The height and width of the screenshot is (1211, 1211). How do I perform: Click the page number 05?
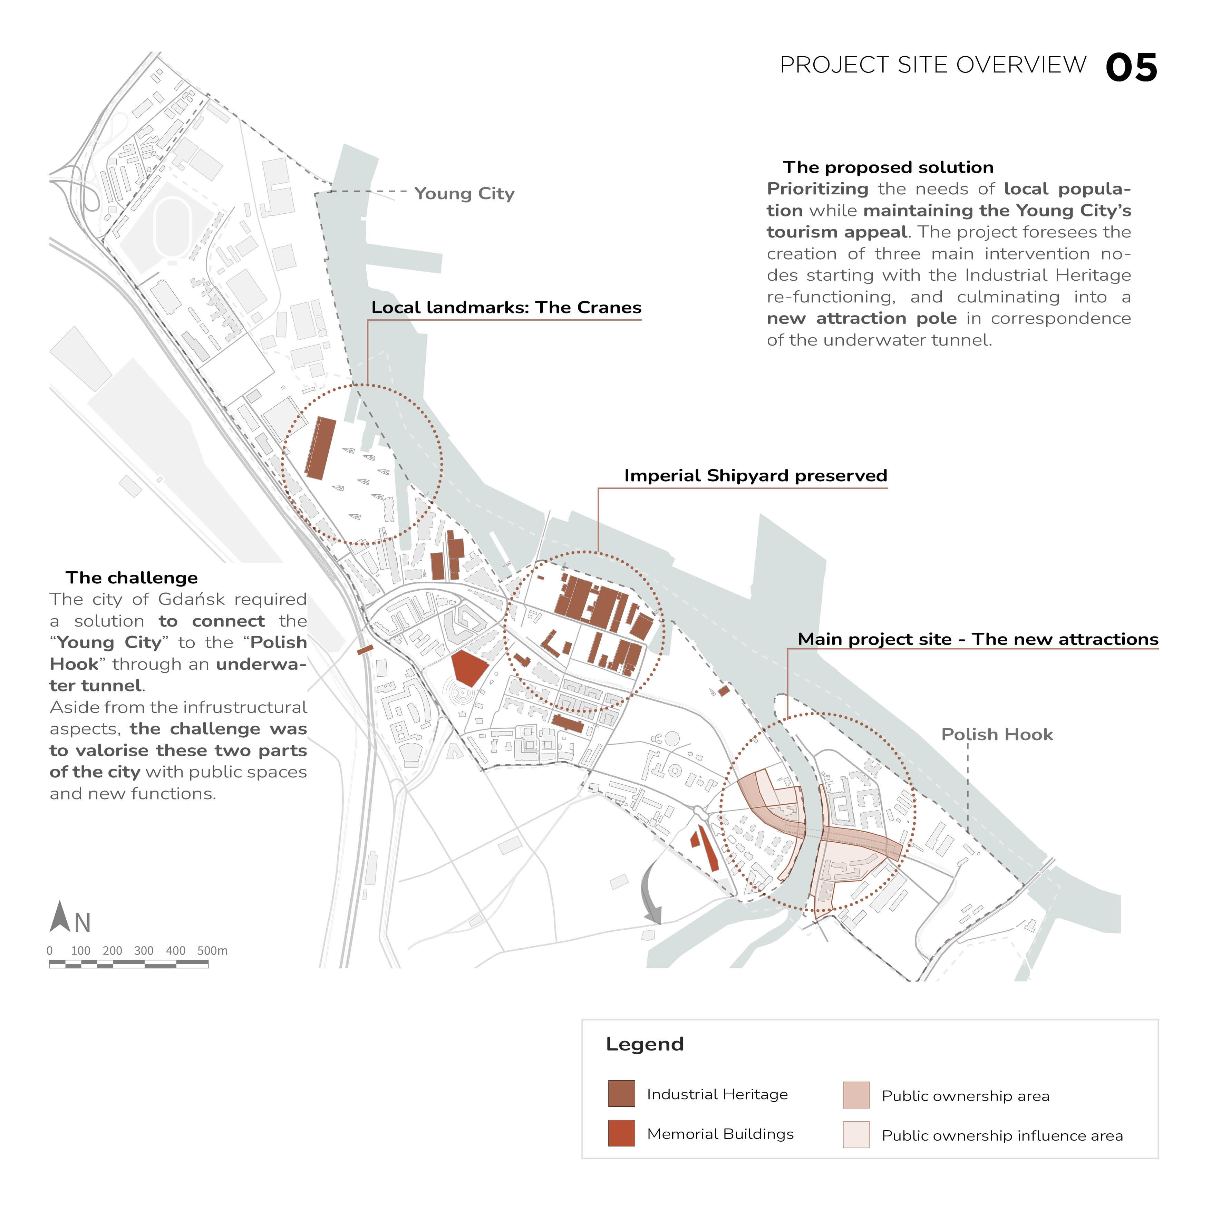click(x=1131, y=68)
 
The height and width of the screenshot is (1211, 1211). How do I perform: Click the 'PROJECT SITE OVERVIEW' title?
click(x=933, y=65)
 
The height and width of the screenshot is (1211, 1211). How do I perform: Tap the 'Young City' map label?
click(x=464, y=194)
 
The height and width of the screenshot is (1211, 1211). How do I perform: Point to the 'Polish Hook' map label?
click(x=997, y=735)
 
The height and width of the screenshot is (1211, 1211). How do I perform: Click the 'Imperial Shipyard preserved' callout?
click(x=755, y=476)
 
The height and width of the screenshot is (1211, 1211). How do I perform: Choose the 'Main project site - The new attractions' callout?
click(x=978, y=639)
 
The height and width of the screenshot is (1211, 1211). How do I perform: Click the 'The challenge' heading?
click(x=132, y=578)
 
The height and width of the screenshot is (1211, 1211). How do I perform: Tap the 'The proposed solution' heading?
click(x=888, y=167)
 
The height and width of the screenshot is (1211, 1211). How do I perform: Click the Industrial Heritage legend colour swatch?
click(x=621, y=1094)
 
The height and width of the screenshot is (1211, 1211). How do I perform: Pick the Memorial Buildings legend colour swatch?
click(x=621, y=1133)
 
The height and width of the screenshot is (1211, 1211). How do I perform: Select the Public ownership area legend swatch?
click(x=856, y=1095)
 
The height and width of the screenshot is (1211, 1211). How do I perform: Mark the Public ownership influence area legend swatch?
click(x=856, y=1134)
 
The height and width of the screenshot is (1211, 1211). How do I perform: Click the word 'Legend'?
click(x=645, y=1044)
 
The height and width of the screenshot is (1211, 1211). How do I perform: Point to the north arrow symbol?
click(x=60, y=917)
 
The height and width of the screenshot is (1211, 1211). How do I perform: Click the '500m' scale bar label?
click(x=213, y=951)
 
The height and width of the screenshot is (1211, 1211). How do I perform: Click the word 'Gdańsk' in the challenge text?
click(x=191, y=600)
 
